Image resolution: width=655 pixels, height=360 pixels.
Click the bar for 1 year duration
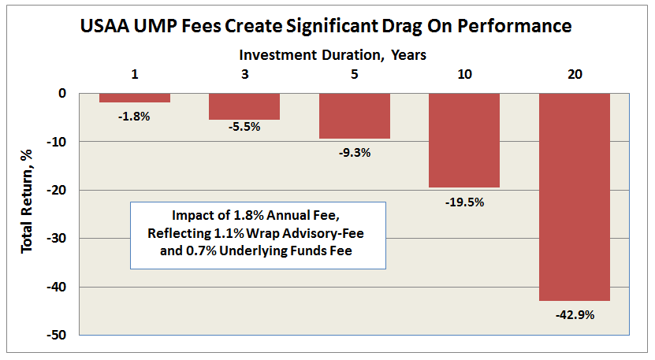coord(135,98)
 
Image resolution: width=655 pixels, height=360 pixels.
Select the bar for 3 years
coord(244,106)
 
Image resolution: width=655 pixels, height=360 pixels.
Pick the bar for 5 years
coord(354,116)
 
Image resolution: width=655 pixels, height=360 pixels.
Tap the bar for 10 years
coord(463,140)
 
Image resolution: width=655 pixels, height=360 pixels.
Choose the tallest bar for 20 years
coord(574,197)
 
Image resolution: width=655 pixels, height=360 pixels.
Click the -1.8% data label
coord(135,116)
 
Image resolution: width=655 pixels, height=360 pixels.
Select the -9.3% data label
coord(354,153)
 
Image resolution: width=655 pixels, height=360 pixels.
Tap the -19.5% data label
coord(463,202)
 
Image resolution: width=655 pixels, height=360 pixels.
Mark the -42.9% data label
coord(574,315)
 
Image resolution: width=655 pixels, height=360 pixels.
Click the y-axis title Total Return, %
coord(27,213)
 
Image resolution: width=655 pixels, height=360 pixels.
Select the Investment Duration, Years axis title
coord(333,55)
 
